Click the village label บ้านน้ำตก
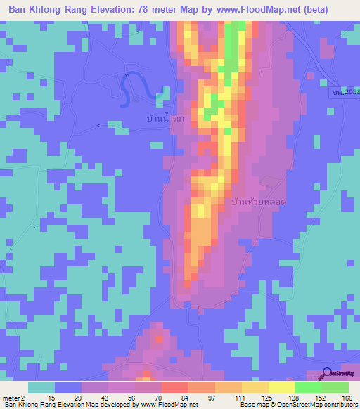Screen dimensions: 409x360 pyautogui.click(x=162, y=119)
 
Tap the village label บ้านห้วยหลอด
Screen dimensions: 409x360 pyautogui.click(x=259, y=202)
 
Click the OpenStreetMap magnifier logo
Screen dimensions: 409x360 pyautogui.click(x=326, y=373)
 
